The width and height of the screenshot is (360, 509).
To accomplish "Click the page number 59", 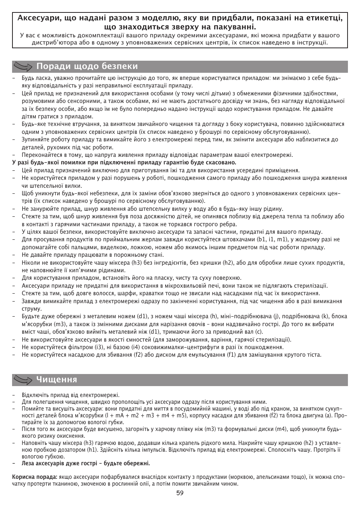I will tap(180, 493).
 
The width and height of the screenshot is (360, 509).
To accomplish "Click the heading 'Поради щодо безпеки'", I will tap(87, 66).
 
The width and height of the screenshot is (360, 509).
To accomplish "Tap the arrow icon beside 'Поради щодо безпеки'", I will tap(23, 67).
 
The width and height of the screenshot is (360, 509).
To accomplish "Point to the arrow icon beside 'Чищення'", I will tap(23, 380).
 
